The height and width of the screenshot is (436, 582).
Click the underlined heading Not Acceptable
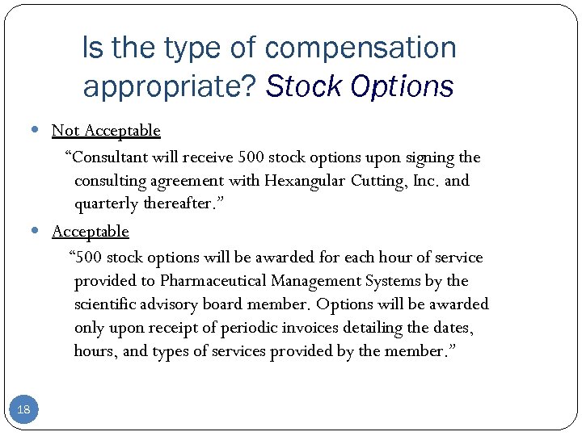106,130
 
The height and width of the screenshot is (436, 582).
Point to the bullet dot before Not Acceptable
40,130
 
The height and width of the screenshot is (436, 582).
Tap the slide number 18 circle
23,410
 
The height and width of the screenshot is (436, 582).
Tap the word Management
317,281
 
